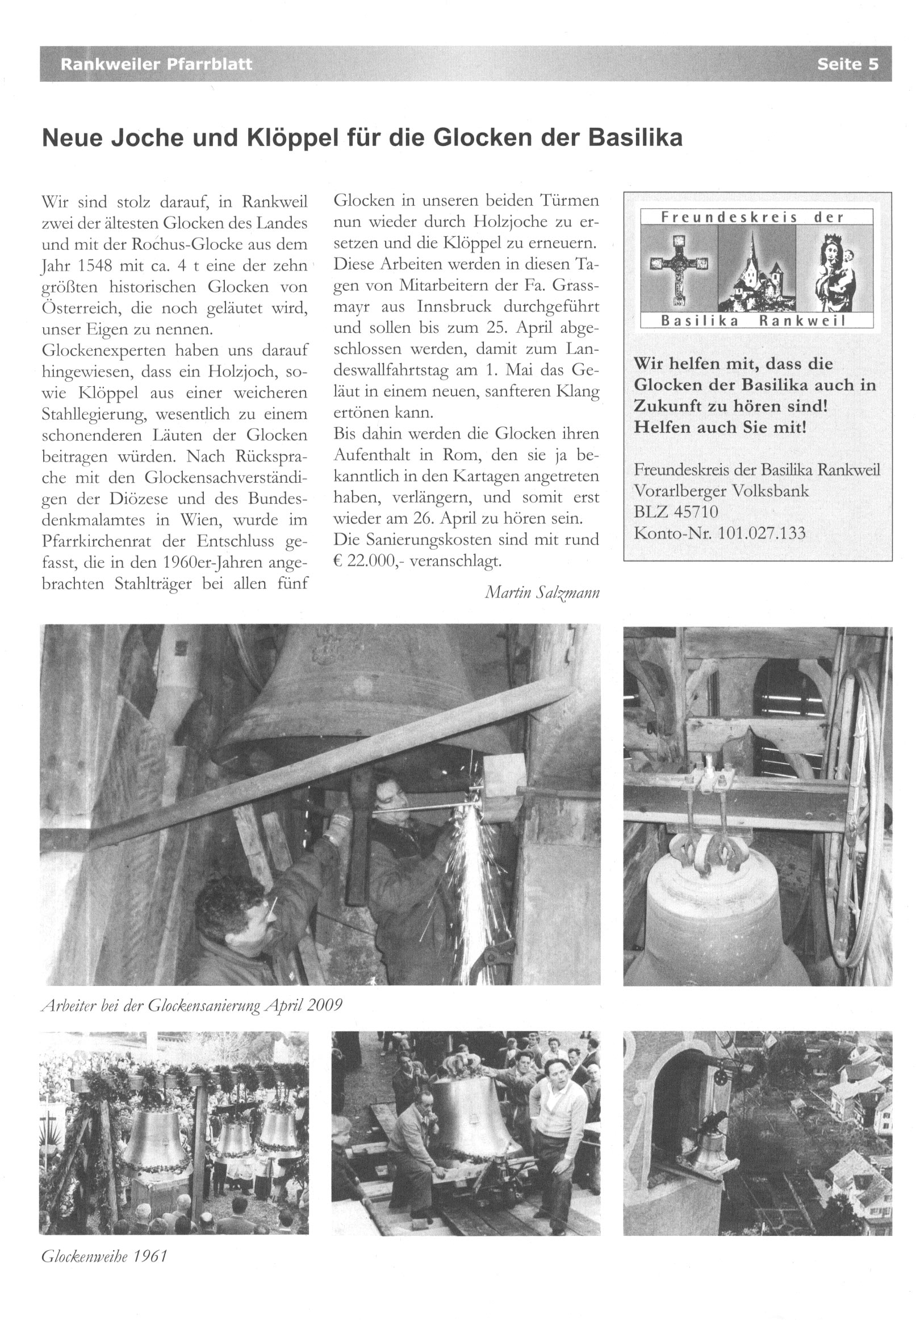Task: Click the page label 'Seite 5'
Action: click(847, 64)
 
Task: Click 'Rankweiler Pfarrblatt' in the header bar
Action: click(156, 64)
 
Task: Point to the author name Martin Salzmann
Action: click(542, 592)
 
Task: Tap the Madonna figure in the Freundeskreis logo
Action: click(833, 268)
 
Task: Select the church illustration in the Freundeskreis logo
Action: click(756, 269)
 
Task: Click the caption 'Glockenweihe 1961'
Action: click(104, 1256)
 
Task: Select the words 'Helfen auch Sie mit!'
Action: click(720, 428)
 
